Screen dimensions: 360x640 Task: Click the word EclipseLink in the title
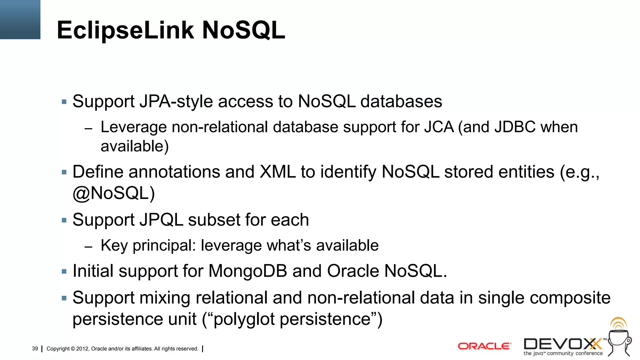[125, 30]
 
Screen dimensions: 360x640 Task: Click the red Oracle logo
[484, 346]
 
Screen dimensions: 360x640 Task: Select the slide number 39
[35, 348]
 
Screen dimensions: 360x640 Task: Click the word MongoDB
[247, 271]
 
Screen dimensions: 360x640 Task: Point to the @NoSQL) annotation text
[113, 193]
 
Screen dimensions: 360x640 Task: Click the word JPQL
[161, 220]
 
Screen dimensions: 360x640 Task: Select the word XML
[277, 172]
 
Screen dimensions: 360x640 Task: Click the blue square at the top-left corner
[20, 19]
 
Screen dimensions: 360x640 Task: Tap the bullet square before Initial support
[64, 271]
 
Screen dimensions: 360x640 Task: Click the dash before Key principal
[88, 247]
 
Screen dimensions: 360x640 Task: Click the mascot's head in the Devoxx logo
[619, 337]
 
